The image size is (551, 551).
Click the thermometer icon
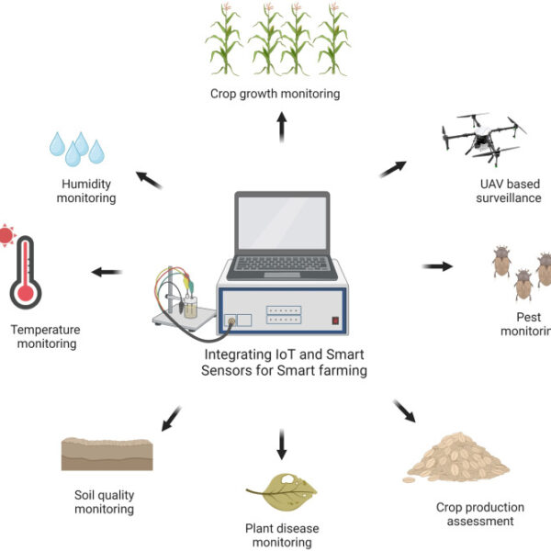click(25, 273)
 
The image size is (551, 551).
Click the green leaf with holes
click(281, 491)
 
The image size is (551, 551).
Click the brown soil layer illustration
click(107, 453)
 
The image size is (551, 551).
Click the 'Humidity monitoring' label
click(86, 190)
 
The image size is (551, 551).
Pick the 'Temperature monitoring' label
click(45, 337)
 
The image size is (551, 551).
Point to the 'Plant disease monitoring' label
click(281, 534)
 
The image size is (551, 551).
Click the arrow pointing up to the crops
click(281, 129)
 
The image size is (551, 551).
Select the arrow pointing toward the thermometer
click(107, 272)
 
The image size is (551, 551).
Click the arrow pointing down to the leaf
click(281, 444)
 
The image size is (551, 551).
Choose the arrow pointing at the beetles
click(437, 267)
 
